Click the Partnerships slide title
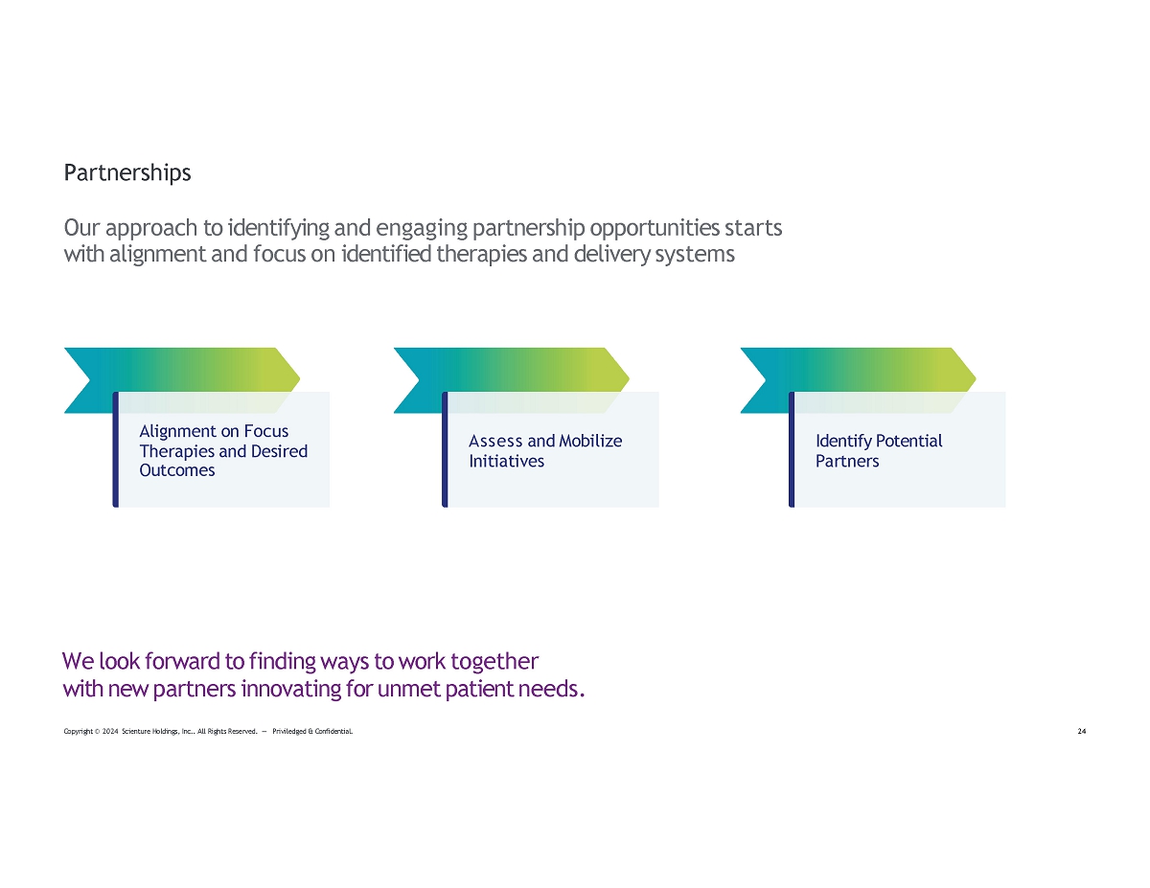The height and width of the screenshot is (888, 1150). coord(127,173)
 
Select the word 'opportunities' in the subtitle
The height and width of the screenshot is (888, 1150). coord(655,229)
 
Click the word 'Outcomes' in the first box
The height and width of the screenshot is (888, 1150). coord(176,470)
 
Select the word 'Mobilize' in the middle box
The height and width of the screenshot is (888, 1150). coord(590,441)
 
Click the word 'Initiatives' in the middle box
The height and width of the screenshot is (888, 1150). coord(506,461)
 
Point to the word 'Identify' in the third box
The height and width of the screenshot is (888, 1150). coord(843,442)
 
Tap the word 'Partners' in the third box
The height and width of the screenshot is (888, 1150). coord(847,461)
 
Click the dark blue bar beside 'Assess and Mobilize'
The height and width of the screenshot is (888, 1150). coord(445,449)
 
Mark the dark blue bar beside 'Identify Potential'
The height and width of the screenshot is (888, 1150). coord(792,449)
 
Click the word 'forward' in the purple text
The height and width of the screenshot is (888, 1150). coord(182,662)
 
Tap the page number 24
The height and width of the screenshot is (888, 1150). coord(1082,731)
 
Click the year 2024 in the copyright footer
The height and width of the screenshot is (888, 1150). coord(110,732)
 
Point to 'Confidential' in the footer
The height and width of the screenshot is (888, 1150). coord(333,732)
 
